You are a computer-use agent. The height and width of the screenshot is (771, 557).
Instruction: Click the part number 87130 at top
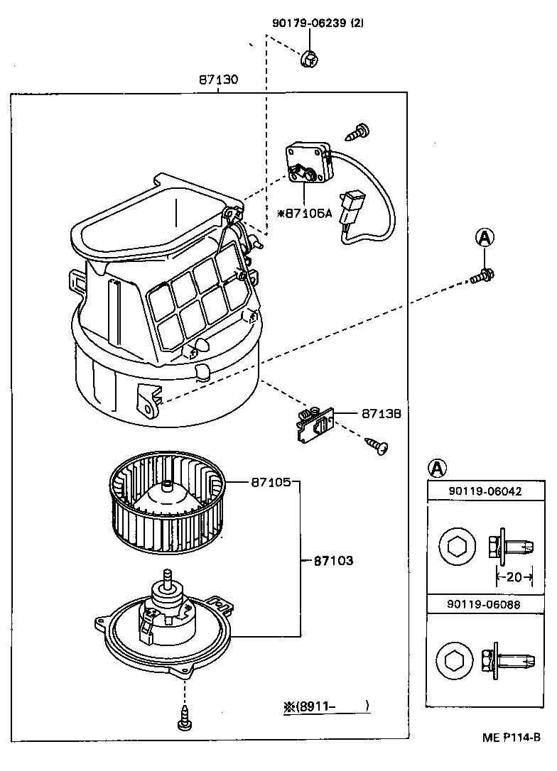coord(218,81)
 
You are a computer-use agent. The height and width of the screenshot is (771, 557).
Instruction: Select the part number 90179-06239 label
coord(318,23)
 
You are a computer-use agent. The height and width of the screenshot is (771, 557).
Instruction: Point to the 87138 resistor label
coord(382,412)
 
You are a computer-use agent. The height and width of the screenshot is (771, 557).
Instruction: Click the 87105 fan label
coord(271,482)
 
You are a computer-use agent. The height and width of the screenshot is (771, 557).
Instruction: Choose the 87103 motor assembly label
coord(333,560)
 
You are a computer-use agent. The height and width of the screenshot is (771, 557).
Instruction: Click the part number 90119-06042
coord(484,491)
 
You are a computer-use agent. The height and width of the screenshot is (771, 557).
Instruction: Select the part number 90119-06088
coord(484,606)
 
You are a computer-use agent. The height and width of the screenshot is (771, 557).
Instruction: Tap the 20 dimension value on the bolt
coord(514,577)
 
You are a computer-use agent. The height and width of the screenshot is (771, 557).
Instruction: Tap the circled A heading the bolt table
coord(438,467)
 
